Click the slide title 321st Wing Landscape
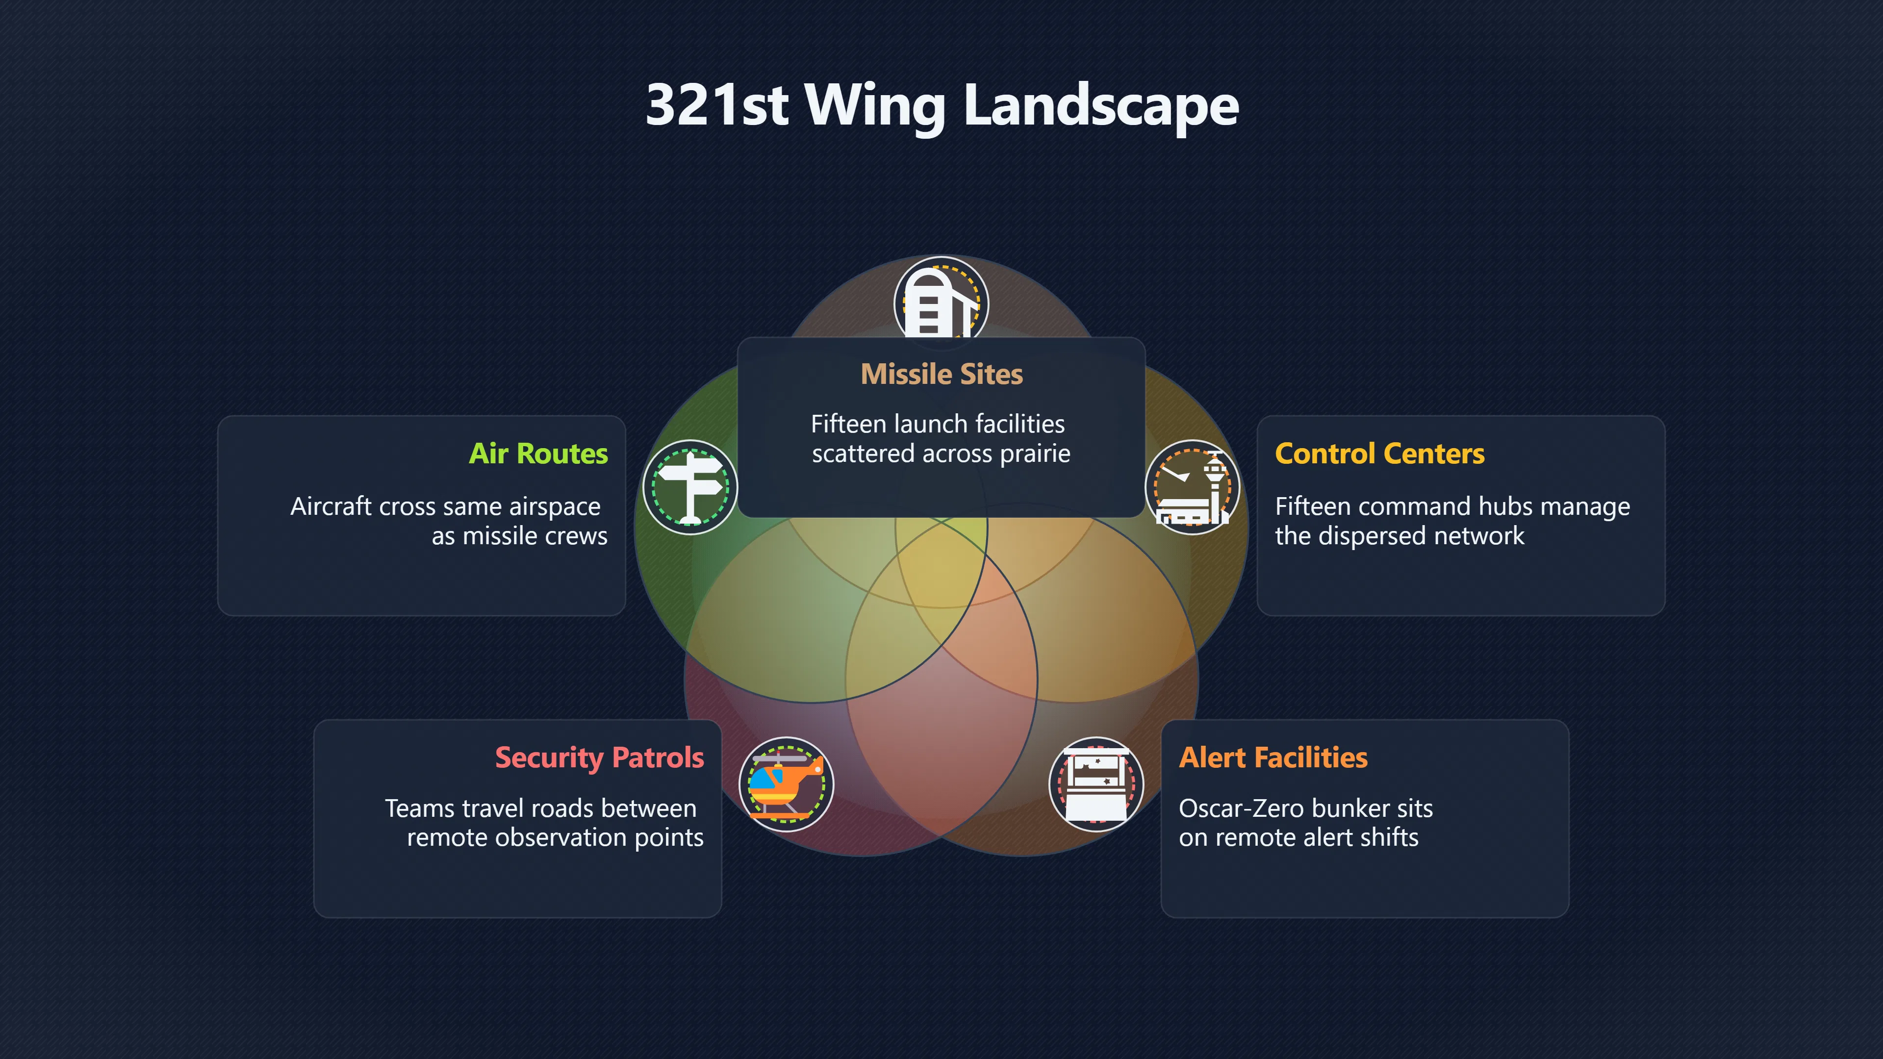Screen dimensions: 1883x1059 941,106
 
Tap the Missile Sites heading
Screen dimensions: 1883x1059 941,374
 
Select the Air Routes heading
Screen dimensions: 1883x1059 538,454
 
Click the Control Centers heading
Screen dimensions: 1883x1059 1379,454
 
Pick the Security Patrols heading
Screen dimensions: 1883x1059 599,758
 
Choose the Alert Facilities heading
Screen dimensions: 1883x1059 1272,758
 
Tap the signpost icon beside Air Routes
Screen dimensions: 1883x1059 690,487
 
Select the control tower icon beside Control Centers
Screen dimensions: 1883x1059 1192,487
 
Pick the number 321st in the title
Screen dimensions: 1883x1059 717,106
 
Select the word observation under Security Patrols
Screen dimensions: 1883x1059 563,837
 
